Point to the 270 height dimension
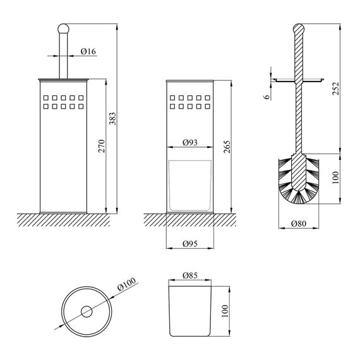pos(101,146)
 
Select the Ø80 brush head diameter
pos(299,222)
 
